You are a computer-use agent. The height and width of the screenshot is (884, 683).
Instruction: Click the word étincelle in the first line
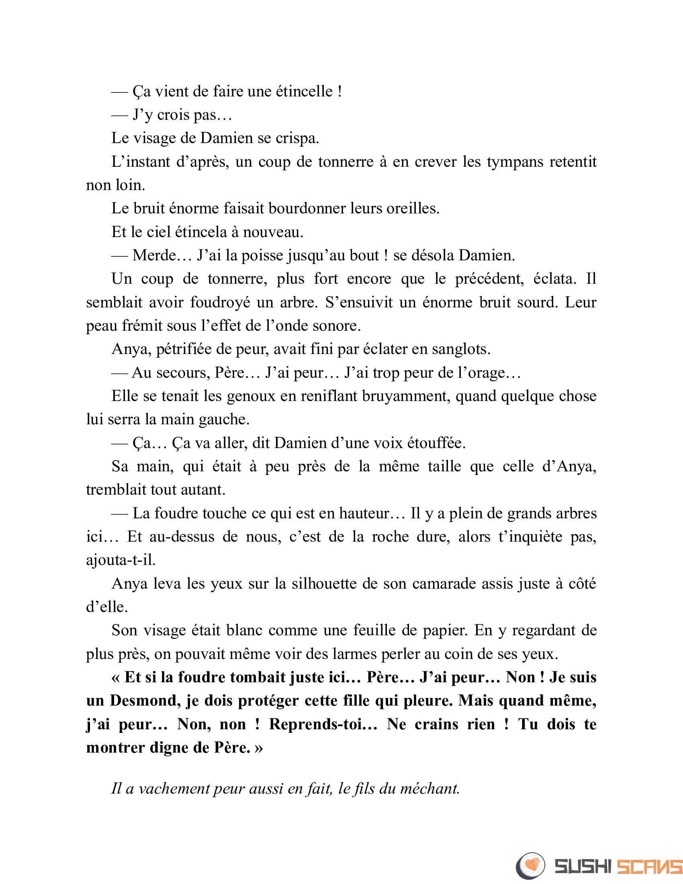coord(304,92)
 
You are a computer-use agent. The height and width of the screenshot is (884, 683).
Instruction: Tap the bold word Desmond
coord(145,701)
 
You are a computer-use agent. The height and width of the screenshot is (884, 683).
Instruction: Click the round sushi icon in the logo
coord(530,866)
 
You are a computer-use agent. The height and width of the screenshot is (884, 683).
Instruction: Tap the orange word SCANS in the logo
coord(649,867)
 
